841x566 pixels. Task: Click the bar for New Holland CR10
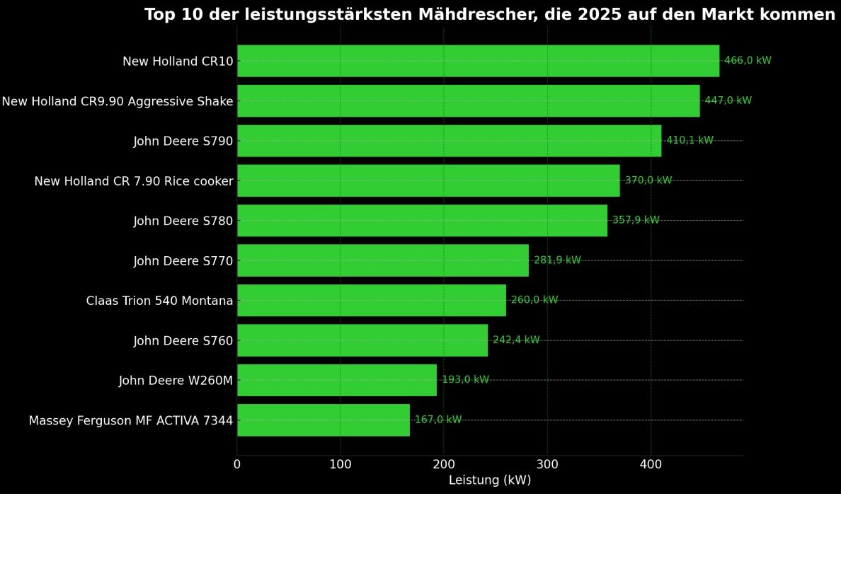[x=479, y=61]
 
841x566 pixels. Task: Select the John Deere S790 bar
[x=450, y=141]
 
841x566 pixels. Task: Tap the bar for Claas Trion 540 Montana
[x=372, y=300]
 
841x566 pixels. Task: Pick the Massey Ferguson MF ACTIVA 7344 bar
[x=324, y=420]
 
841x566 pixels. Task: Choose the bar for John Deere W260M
[x=337, y=380]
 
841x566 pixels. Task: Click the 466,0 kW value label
[x=748, y=61]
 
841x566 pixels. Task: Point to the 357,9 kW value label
[x=636, y=220]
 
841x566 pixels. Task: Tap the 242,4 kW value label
[x=516, y=340]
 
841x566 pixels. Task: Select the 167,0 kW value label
[x=438, y=420]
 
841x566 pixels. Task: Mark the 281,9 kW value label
[x=557, y=260]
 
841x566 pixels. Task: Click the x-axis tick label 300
[x=547, y=465]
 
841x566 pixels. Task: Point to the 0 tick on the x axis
[x=237, y=465]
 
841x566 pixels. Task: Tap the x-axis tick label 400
[x=651, y=465]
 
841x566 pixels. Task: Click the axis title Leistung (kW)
[x=490, y=480]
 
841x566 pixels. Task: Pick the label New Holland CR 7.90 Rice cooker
[x=134, y=181]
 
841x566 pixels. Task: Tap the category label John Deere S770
[x=183, y=261]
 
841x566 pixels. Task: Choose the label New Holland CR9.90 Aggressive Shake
[x=118, y=101]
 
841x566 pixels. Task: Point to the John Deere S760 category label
[x=183, y=341]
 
